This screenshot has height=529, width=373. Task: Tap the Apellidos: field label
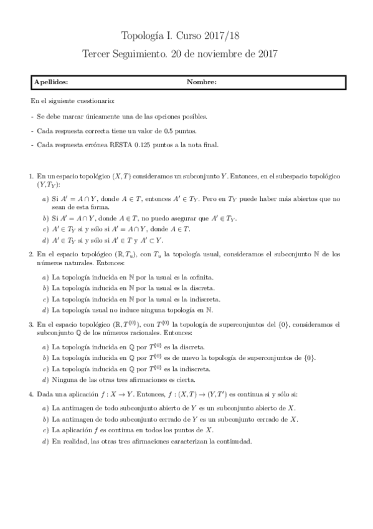pyautogui.click(x=52, y=82)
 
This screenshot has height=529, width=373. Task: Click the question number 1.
pyautogui.click(x=31, y=177)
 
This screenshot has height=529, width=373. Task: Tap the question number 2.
pyautogui.click(x=31, y=254)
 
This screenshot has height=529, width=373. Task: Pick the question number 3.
pyautogui.click(x=31, y=324)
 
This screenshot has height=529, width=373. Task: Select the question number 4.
pyautogui.click(x=31, y=394)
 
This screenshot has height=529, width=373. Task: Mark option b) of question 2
pyautogui.click(x=45, y=288)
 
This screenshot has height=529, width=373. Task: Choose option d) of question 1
pyautogui.click(x=45, y=240)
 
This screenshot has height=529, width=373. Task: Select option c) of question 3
pyautogui.click(x=45, y=369)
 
